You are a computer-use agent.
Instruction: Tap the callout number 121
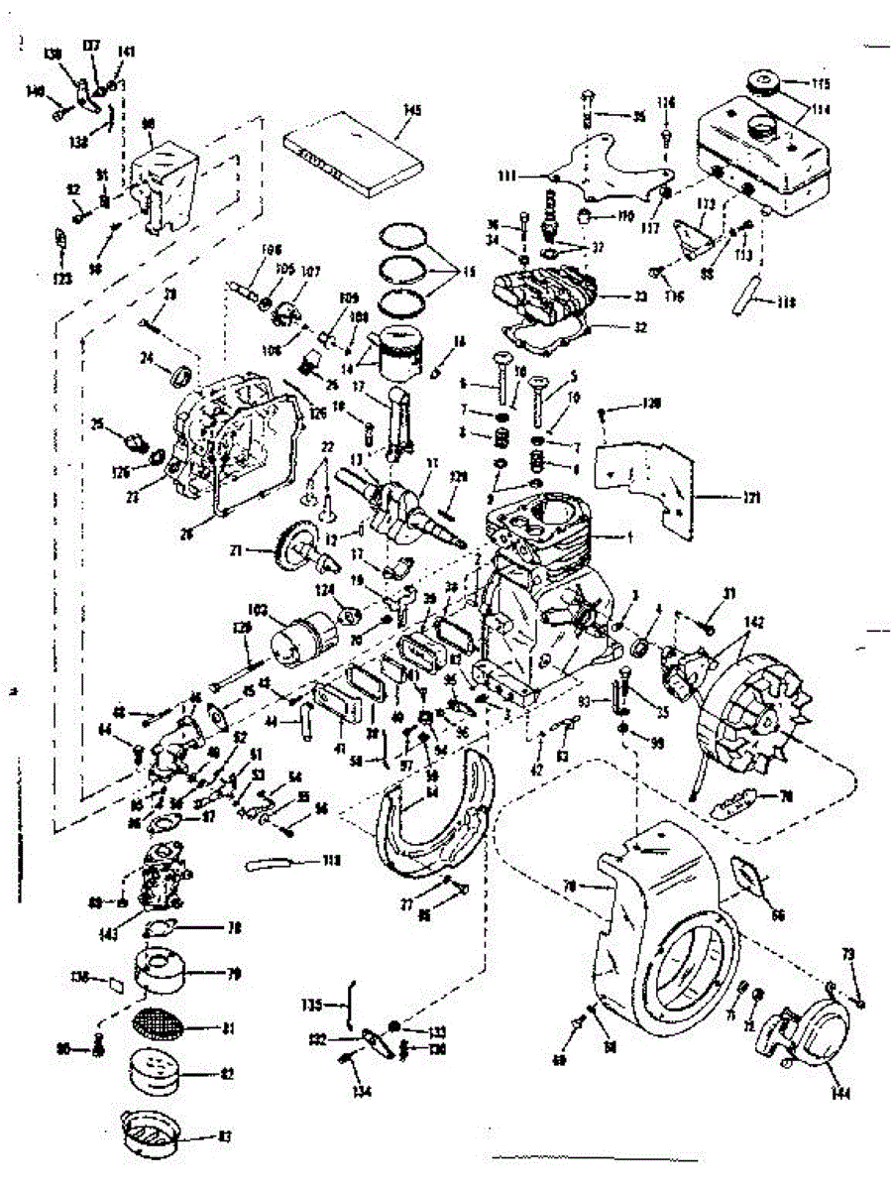point(752,498)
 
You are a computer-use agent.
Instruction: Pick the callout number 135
point(313,1005)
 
